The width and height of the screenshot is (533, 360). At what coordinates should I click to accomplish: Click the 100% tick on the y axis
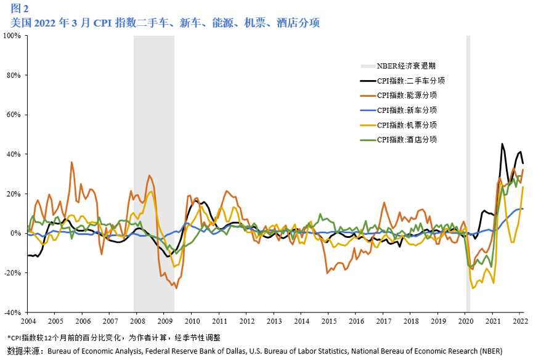pyautogui.click(x=13, y=36)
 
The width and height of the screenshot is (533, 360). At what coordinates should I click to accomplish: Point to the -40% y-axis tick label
pyautogui.click(x=13, y=312)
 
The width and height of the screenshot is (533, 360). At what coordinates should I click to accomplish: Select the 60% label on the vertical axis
pyautogui.click(x=14, y=115)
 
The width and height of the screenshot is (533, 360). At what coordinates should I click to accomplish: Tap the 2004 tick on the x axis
pyautogui.click(x=28, y=322)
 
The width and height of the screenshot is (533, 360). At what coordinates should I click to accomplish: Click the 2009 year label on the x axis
pyautogui.click(x=165, y=322)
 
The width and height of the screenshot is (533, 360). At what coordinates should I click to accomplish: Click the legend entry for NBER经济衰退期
pyautogui.click(x=398, y=66)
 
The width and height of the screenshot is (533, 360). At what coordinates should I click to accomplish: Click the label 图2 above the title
pyautogui.click(x=19, y=9)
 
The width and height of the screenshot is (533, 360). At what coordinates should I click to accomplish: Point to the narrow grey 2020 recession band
pyautogui.click(x=468, y=173)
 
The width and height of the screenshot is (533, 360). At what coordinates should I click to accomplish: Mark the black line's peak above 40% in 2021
pyautogui.click(x=502, y=144)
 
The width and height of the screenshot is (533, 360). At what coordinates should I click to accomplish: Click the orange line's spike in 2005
pyautogui.click(x=72, y=163)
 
